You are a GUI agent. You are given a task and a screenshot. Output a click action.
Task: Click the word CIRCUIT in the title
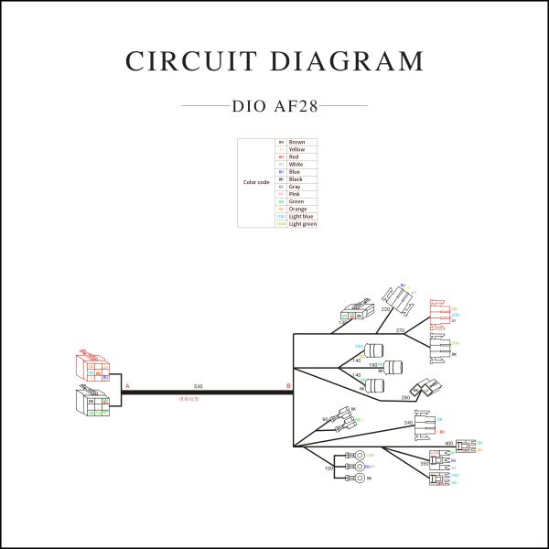point(188,61)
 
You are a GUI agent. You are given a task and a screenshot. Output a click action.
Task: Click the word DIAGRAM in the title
point(349,61)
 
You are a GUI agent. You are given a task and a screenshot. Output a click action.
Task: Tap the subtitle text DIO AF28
point(274,106)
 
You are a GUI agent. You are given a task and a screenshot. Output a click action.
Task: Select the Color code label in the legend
point(256,183)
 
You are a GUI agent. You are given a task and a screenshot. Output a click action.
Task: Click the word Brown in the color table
point(297,143)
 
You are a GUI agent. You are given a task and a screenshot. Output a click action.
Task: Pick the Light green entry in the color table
point(303,224)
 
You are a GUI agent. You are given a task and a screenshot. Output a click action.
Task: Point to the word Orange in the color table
point(298,210)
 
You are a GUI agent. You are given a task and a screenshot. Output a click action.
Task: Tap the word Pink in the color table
point(295,194)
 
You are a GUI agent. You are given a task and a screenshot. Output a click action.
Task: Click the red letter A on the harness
point(127,387)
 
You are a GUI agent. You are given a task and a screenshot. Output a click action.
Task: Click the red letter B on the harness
point(289,387)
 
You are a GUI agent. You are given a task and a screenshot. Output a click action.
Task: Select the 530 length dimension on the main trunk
point(199,387)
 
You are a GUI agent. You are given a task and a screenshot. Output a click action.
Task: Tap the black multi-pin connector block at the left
point(92,404)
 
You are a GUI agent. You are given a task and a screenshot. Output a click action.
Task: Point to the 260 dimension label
point(405,398)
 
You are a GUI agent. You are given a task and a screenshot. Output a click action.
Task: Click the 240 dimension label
point(408,422)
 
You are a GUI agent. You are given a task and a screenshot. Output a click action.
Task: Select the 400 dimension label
point(448,444)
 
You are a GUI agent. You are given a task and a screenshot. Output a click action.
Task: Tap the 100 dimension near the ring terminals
point(329,468)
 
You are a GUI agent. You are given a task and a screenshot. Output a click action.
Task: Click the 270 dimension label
point(400,329)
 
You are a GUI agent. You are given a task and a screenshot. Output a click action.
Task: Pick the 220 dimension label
point(386,309)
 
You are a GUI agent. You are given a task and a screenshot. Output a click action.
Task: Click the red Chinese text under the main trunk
point(188,400)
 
